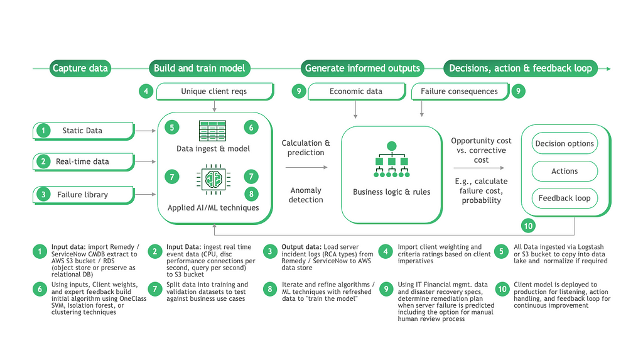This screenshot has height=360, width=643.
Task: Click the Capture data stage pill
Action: pos(80,68)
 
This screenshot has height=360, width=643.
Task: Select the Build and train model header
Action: pos(199,68)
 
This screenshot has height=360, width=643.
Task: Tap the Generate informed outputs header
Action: pos(362,68)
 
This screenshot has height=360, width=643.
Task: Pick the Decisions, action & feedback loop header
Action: pos(521,68)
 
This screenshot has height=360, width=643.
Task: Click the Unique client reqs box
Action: pos(215,92)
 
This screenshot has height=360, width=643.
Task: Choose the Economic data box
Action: pos(357,92)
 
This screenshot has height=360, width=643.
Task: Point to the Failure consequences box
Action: pos(460,92)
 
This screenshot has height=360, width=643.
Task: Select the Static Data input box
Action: pos(84,131)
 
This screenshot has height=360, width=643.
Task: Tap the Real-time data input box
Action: pos(84,161)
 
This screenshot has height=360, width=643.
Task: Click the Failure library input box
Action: pos(84,195)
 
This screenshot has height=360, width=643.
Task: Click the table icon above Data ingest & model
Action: pos(212,131)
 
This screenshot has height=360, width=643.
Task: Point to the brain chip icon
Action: pos(213,180)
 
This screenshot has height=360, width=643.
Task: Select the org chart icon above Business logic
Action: pos(392,160)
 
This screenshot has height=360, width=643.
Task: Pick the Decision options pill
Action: pos(565,143)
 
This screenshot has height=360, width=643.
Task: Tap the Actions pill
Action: pos(565,171)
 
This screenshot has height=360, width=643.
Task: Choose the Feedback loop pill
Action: pos(565,199)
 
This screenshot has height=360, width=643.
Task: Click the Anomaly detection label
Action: pos(306,195)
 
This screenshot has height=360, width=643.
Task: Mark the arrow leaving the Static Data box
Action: pos(145,131)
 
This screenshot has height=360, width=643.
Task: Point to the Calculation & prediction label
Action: pos(306,148)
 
